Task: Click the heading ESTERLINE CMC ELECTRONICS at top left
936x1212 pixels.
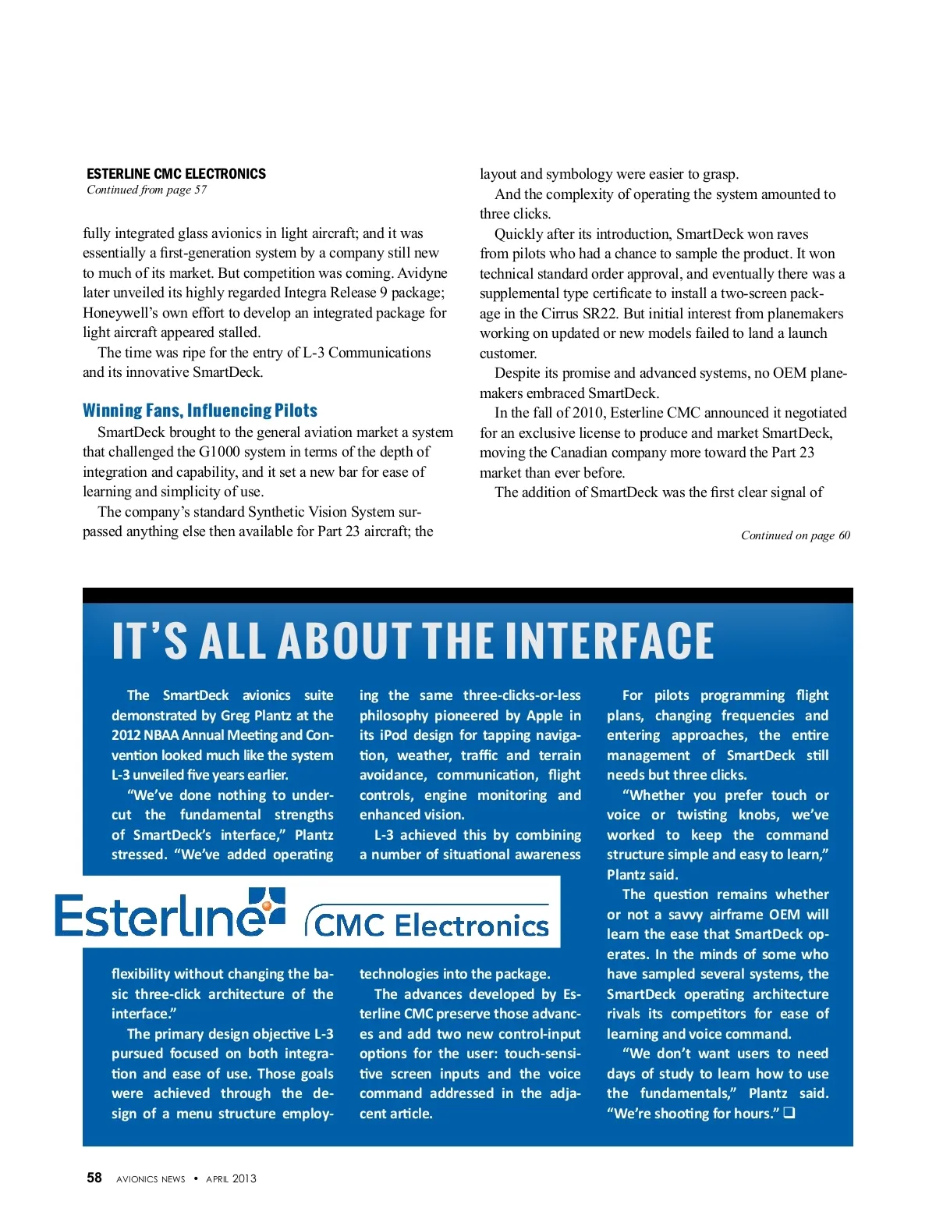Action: [x=176, y=174]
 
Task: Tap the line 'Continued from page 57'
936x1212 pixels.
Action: [x=147, y=190]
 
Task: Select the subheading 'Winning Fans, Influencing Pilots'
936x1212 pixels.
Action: [x=200, y=411]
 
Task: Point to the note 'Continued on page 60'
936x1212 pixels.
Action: [x=795, y=535]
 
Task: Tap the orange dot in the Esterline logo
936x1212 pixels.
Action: [x=267, y=906]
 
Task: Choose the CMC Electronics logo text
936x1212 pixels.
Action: [x=431, y=925]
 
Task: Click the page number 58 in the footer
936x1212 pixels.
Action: [x=94, y=1178]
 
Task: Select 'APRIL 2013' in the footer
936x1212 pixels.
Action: [x=231, y=1179]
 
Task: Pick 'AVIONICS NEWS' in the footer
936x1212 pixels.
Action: [x=151, y=1179]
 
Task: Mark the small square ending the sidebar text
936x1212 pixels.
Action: [x=789, y=1113]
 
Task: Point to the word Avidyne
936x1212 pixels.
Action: [x=422, y=273]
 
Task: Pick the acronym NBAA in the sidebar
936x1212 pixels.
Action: [x=161, y=735]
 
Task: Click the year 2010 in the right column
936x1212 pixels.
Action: [x=583, y=413]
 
